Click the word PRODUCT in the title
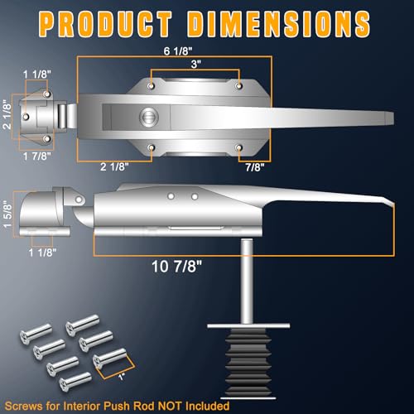click(x=105, y=24)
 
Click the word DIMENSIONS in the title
click(x=279, y=24)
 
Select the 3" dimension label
click(x=195, y=64)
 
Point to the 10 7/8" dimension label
click(x=177, y=267)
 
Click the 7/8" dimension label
click(x=255, y=167)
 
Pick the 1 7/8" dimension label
click(x=37, y=156)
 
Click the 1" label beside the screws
click(x=121, y=377)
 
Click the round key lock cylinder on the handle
click(x=149, y=117)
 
